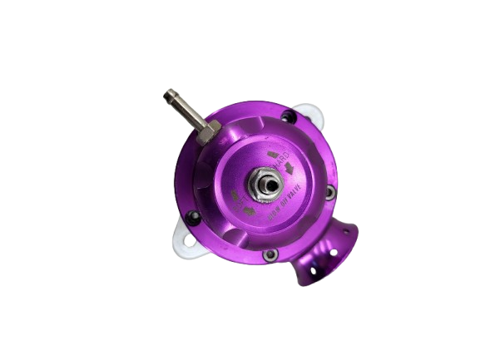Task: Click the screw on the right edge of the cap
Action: [x=330, y=193]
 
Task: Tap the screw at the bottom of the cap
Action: [x=270, y=254]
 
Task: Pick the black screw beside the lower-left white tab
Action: [x=195, y=217]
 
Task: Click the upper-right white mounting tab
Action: [x=309, y=111]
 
